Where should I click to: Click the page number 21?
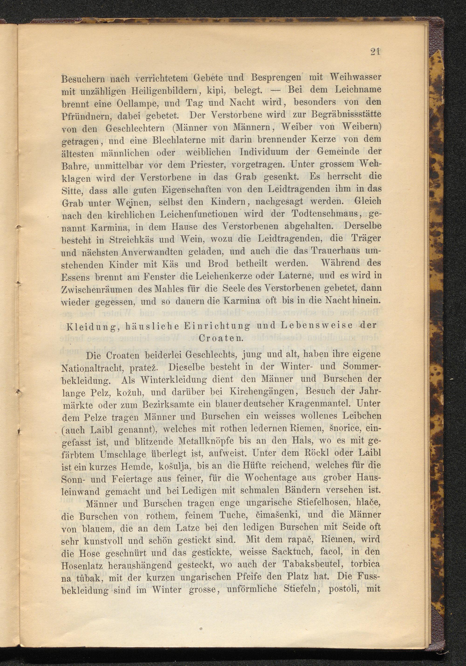[375, 52]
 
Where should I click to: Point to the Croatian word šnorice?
[348, 429]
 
